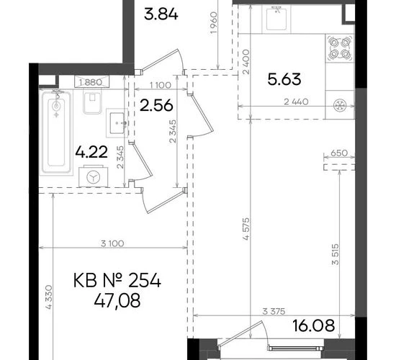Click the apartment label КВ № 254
pyautogui.click(x=117, y=281)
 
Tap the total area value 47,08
pyautogui.click(x=117, y=301)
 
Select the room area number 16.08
pyautogui.click(x=314, y=325)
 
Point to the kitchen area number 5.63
pyautogui.click(x=284, y=79)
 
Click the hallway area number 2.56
pyautogui.click(x=156, y=105)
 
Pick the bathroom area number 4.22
pyautogui.click(x=91, y=152)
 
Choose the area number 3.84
pyautogui.click(x=161, y=14)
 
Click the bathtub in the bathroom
pyautogui.click(x=56, y=132)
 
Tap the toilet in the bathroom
pyautogui.click(x=92, y=101)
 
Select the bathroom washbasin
pyautogui.click(x=117, y=123)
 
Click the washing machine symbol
pyautogui.click(x=94, y=176)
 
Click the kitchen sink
pyautogui.click(x=276, y=19)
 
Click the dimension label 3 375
pyautogui.click(x=274, y=312)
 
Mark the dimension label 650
pyautogui.click(x=339, y=153)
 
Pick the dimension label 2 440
pyautogui.click(x=296, y=102)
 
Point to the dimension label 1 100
pyautogui.click(x=161, y=86)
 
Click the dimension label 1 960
pyautogui.click(x=213, y=22)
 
